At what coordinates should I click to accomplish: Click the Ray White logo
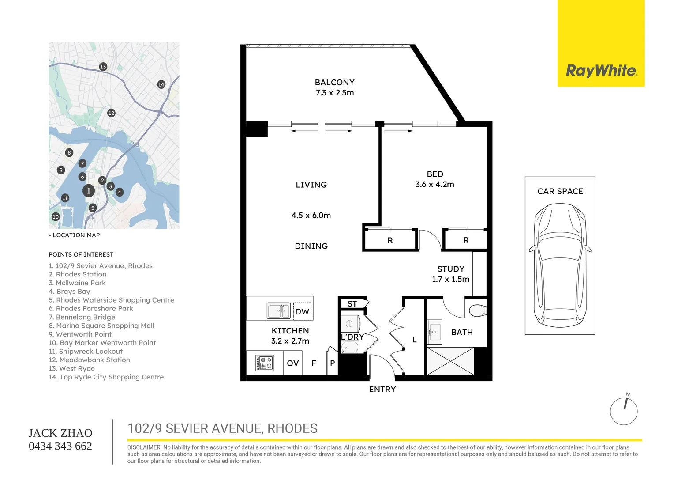601,71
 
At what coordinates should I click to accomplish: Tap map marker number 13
103,67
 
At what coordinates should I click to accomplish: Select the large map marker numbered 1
89,191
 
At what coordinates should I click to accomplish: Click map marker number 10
56,217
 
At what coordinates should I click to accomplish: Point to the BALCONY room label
334,83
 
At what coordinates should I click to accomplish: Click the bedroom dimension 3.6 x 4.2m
434,185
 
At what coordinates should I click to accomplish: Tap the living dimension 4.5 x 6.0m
311,216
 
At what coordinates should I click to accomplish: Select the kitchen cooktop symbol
264,363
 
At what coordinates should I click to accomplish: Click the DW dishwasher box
302,311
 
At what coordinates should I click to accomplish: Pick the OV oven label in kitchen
293,363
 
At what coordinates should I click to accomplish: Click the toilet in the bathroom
477,310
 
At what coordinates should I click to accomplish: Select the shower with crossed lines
450,361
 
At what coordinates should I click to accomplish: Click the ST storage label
352,304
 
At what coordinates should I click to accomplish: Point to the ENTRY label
382,390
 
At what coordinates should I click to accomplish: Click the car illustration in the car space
560,265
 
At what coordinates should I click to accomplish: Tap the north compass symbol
624,411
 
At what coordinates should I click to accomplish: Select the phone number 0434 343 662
60,446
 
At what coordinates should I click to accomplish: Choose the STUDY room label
450,269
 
